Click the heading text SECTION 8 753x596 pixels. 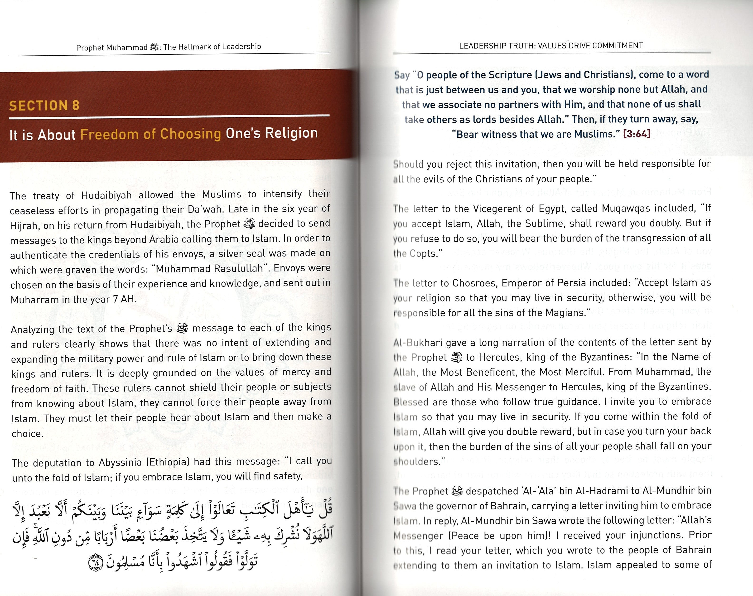click(x=44, y=105)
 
